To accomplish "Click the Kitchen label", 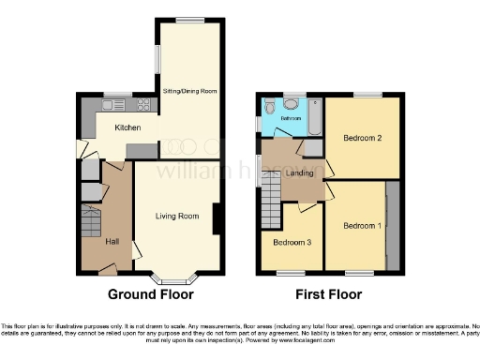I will point(127,128).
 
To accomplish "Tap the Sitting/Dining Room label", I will point(190,91).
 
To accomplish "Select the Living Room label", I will point(177,217).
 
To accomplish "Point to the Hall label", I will point(112,242).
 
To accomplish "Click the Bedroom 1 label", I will point(361,226).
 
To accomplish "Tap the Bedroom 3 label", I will point(291,242).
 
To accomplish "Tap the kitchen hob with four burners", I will point(145,105).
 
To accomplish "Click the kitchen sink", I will point(117,104).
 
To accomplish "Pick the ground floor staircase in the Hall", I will point(91,226).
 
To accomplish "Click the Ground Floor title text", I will point(151,294).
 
